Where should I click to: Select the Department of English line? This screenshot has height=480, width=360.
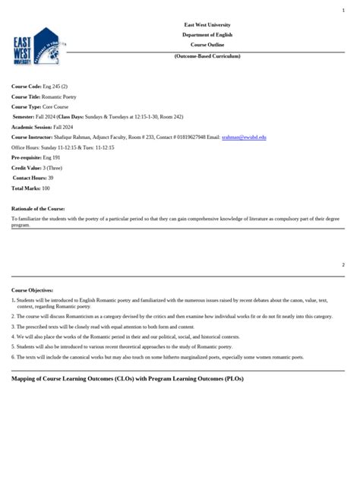pyautogui.click(x=207, y=35)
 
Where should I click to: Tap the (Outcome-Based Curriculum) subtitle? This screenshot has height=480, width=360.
pyautogui.click(x=207, y=57)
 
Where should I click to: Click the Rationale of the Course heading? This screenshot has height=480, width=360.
pyautogui.click(x=38, y=207)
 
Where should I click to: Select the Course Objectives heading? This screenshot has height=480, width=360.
pyautogui.click(x=32, y=291)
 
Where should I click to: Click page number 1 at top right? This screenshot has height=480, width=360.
pyautogui.click(x=343, y=10)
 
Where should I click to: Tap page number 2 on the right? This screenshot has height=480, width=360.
pyautogui.click(x=343, y=264)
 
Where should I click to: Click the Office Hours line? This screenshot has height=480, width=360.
pyautogui.click(x=62, y=147)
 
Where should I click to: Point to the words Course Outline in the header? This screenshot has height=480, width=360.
pyautogui.click(x=207, y=45)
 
